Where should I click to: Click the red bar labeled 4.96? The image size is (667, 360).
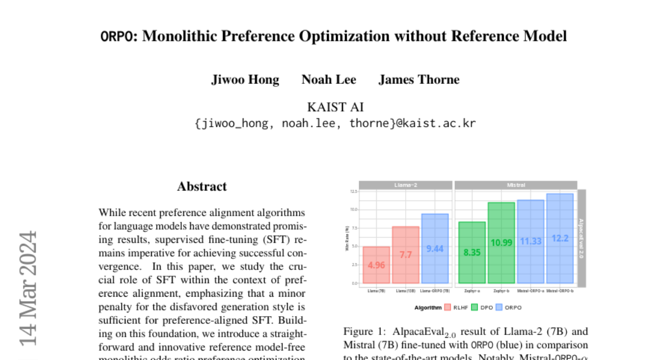pyautogui.click(x=376, y=265)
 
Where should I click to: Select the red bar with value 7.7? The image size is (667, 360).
pyautogui.click(x=406, y=255)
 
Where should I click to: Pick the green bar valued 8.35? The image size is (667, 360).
pyautogui.click(x=472, y=252)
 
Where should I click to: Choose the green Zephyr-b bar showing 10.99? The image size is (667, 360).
pyautogui.click(x=501, y=243)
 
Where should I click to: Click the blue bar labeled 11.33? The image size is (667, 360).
pyautogui.click(x=530, y=242)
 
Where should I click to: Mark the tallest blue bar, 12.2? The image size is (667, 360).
pyautogui.click(x=560, y=238)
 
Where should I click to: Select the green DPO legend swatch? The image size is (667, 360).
pyautogui.click(x=475, y=307)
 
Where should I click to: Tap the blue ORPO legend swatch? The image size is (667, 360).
pyautogui.click(x=499, y=307)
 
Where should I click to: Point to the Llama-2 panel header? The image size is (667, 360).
pyautogui.click(x=405, y=185)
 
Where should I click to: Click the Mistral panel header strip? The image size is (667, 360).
pyautogui.click(x=516, y=185)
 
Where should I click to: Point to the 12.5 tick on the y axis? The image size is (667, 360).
pyautogui.click(x=354, y=191)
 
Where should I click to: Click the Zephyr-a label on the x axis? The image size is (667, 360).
pyautogui.click(x=472, y=291)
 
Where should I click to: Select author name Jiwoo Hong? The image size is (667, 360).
pyautogui.click(x=245, y=79)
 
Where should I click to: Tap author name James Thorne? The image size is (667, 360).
pyautogui.click(x=419, y=79)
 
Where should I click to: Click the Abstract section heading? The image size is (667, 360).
pyautogui.click(x=202, y=187)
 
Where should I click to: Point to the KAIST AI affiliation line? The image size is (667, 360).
pyautogui.click(x=335, y=107)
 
